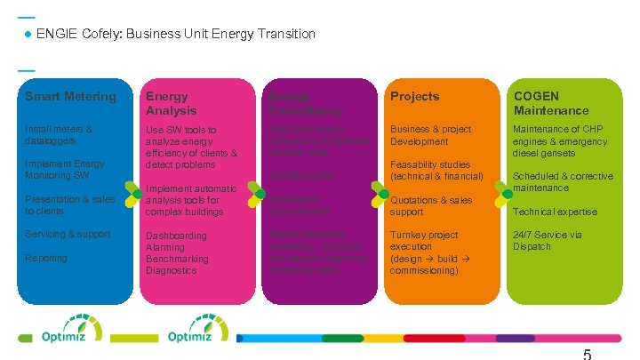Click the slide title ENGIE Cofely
pyautogui.click(x=175, y=34)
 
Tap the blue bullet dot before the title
pyautogui.click(x=28, y=35)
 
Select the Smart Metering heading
pyautogui.click(x=70, y=96)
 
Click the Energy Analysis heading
pyautogui.click(x=172, y=103)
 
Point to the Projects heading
pyautogui.click(x=415, y=96)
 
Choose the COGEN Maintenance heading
pyautogui.click(x=550, y=103)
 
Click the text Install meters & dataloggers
pyautogui.click(x=59, y=135)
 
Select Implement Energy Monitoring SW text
pyautogui.click(x=64, y=170)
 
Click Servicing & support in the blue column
pyautogui.click(x=68, y=234)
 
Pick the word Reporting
pyautogui.click(x=46, y=258)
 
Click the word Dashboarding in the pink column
pyautogui.click(x=176, y=236)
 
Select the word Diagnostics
pyautogui.click(x=172, y=270)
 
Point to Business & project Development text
pyautogui.click(x=431, y=135)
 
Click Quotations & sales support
pyautogui.click(x=431, y=205)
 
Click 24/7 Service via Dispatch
pyautogui.click(x=548, y=240)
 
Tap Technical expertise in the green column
pyautogui.click(x=555, y=212)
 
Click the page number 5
pyautogui.click(x=587, y=354)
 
